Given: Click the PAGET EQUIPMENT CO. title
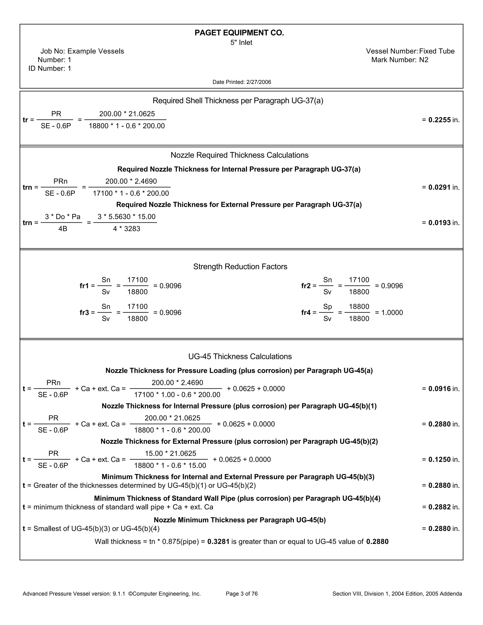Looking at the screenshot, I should pyautogui.click(x=239, y=33).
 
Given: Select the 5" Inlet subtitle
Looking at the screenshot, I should pyautogui.click(x=241, y=43).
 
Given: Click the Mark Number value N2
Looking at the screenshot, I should pyautogui.click(x=424, y=60).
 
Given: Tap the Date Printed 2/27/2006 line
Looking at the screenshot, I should pyautogui.click(x=241, y=82).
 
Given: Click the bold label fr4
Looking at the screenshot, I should pyautogui.click(x=306, y=312).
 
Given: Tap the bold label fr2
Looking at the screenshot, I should pyautogui.click(x=306, y=286).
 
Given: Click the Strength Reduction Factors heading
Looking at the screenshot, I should pyautogui.click(x=240, y=267).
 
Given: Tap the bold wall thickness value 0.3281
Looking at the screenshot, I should pyautogui.click(x=218, y=542).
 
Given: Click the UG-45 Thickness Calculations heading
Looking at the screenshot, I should pyautogui.click(x=240, y=357).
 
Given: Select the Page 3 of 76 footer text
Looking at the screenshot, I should pyautogui.click(x=241, y=594).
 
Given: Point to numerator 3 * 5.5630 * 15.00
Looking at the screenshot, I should pyautogui.click(x=126, y=217).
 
